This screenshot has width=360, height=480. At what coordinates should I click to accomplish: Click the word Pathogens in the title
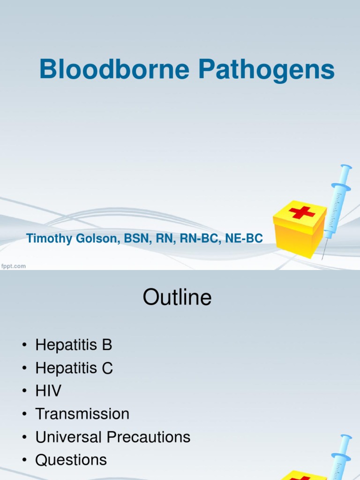point(266,70)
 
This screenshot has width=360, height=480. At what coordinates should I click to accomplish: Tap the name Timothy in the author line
point(49,239)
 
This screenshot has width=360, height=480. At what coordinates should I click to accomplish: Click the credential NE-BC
point(244,239)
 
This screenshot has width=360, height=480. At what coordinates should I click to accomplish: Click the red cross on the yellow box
point(302,212)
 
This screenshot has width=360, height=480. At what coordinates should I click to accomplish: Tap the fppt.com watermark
point(13,266)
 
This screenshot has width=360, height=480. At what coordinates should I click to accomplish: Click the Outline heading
point(177,298)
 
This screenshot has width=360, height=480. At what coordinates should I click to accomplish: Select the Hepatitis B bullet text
point(74,345)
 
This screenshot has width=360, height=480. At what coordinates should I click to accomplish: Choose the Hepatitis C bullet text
point(74,368)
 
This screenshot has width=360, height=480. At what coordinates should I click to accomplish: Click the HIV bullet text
point(48,391)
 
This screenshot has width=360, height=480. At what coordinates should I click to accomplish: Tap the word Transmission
point(82,414)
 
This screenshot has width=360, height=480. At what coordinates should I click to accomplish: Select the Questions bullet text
point(71,460)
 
